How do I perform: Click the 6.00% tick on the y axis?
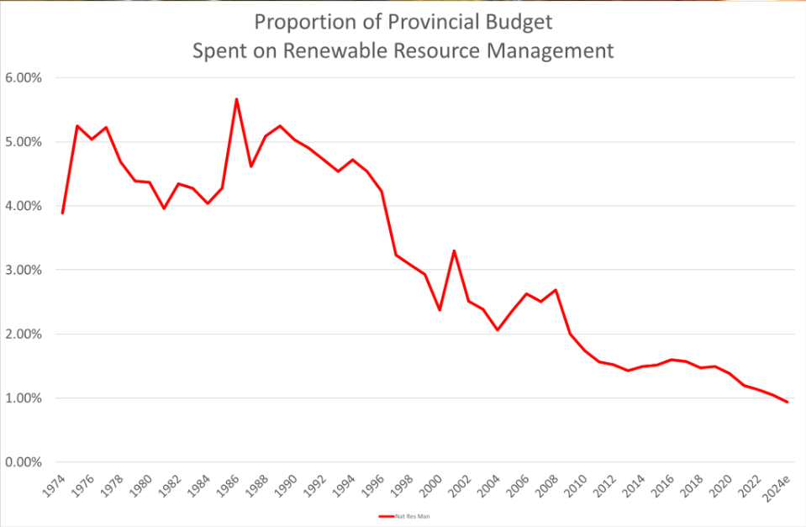(24, 78)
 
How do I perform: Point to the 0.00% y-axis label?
(24, 462)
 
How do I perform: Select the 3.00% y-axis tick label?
(24, 271)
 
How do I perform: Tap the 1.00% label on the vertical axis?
(24, 398)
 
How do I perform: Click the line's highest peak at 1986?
(236, 99)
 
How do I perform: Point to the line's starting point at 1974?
(62, 213)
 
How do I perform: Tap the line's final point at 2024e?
(788, 402)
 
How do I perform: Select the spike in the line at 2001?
(454, 250)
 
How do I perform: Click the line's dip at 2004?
(498, 329)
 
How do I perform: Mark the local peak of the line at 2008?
(556, 290)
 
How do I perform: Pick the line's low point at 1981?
(164, 208)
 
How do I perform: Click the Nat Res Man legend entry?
(403, 515)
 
